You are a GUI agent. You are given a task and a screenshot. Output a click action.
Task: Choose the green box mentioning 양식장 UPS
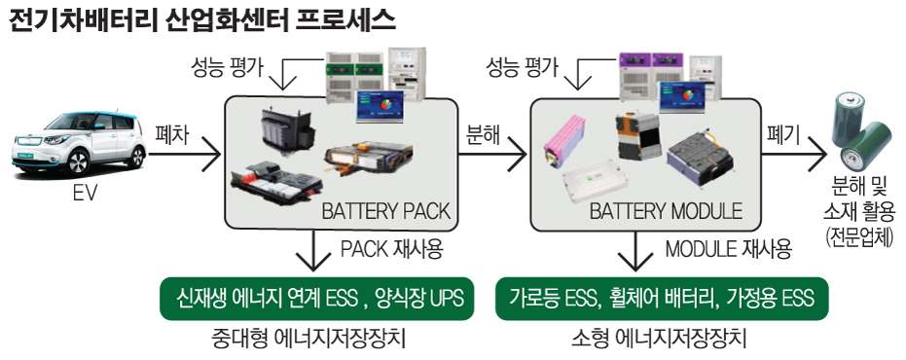317,299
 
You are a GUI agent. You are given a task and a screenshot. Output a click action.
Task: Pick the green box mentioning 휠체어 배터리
662,299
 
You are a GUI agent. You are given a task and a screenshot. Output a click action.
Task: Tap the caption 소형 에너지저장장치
661,339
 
